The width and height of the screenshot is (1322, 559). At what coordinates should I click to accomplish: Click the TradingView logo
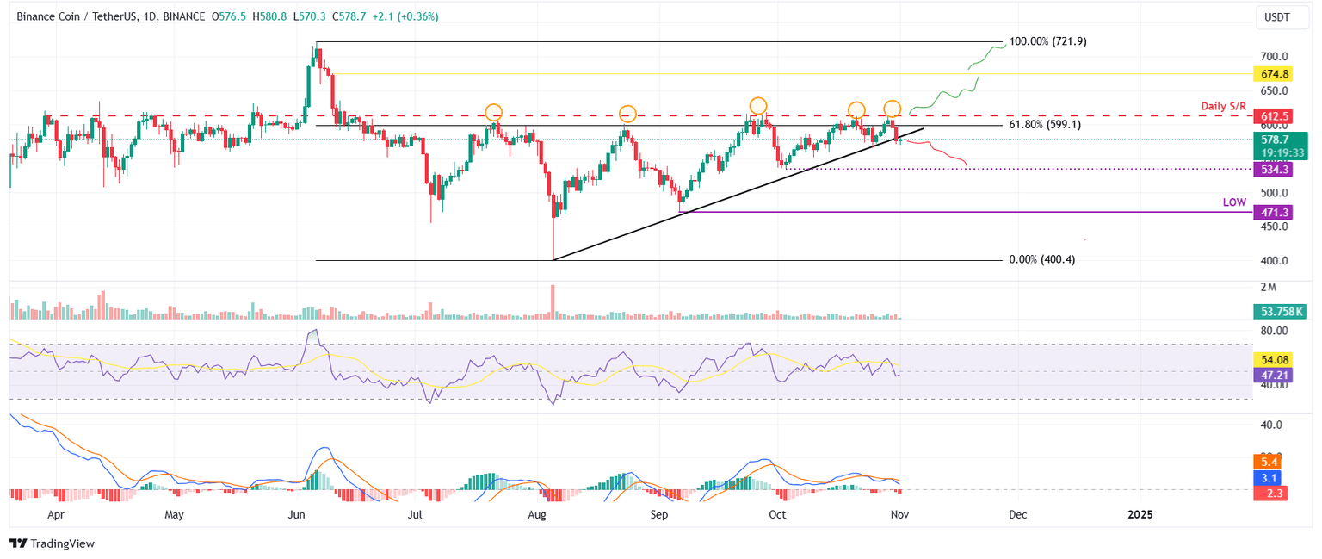click(52, 543)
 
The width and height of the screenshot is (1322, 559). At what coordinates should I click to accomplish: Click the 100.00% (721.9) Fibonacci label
click(1047, 41)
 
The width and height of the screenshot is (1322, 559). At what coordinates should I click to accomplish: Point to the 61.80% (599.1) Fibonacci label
click(1045, 125)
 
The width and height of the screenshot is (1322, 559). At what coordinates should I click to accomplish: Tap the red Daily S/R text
click(1224, 106)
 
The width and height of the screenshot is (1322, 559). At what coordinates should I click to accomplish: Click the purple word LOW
click(1234, 202)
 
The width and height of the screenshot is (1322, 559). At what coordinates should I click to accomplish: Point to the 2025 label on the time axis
click(1140, 514)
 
